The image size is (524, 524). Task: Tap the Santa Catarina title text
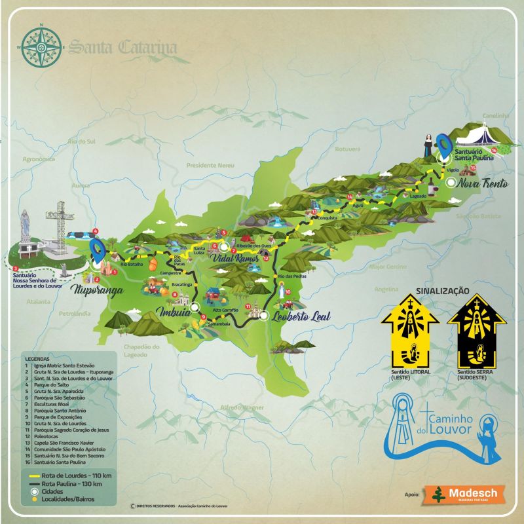pyautogui.click(x=123, y=47)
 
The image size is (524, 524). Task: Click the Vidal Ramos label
pyautogui.click(x=234, y=259)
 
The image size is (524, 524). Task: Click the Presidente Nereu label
pyautogui.click(x=210, y=165)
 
